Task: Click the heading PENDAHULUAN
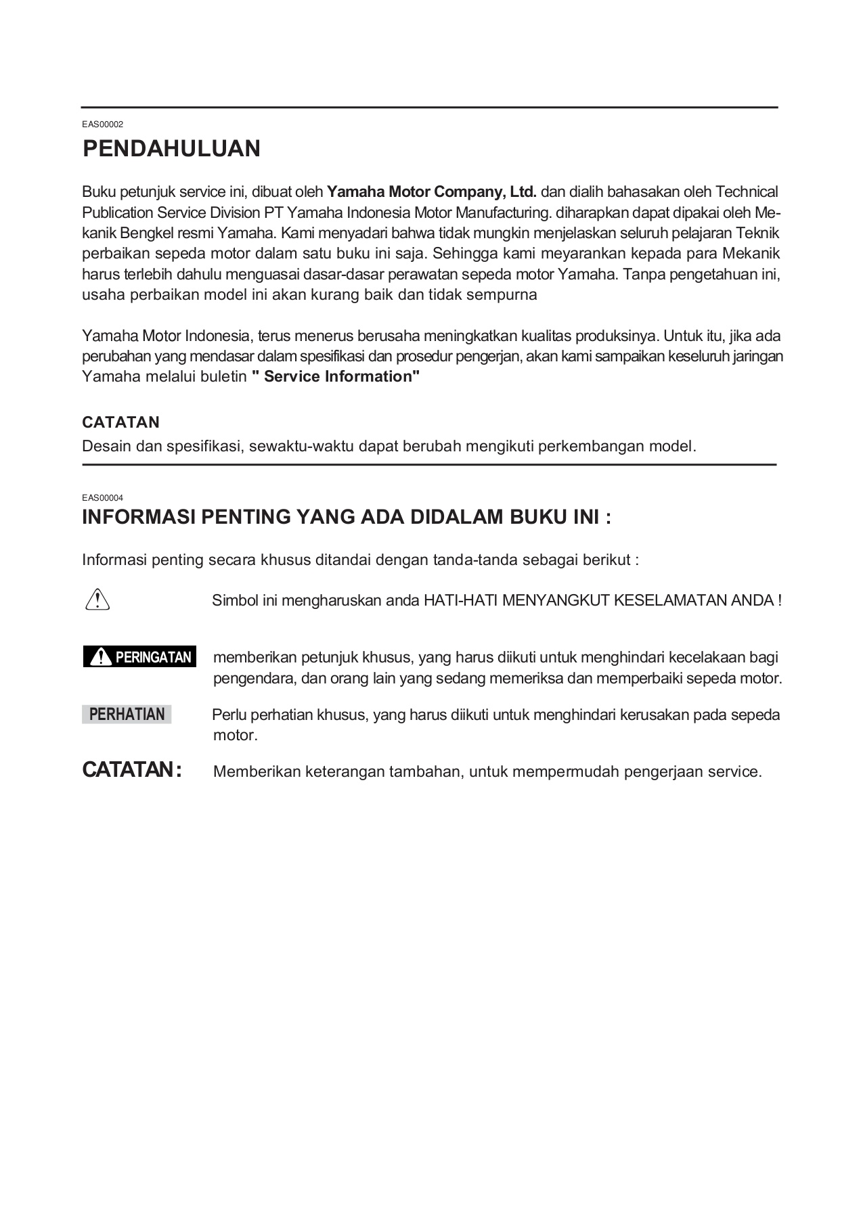pyautogui.click(x=171, y=149)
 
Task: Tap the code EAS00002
pyautogui.click(x=102, y=125)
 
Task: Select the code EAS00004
pyautogui.click(x=102, y=497)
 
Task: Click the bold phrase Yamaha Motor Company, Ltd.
pyautogui.click(x=431, y=191)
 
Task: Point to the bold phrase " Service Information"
pyautogui.click(x=336, y=377)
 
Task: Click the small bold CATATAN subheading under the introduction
pyautogui.click(x=120, y=422)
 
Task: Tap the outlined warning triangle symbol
pyautogui.click(x=98, y=600)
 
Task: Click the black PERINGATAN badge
pyautogui.click(x=139, y=656)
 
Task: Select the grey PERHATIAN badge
pyautogui.click(x=127, y=715)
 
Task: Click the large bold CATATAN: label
pyautogui.click(x=131, y=770)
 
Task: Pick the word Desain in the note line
pyautogui.click(x=102, y=447)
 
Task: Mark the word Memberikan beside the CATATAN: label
pyautogui.click(x=257, y=772)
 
